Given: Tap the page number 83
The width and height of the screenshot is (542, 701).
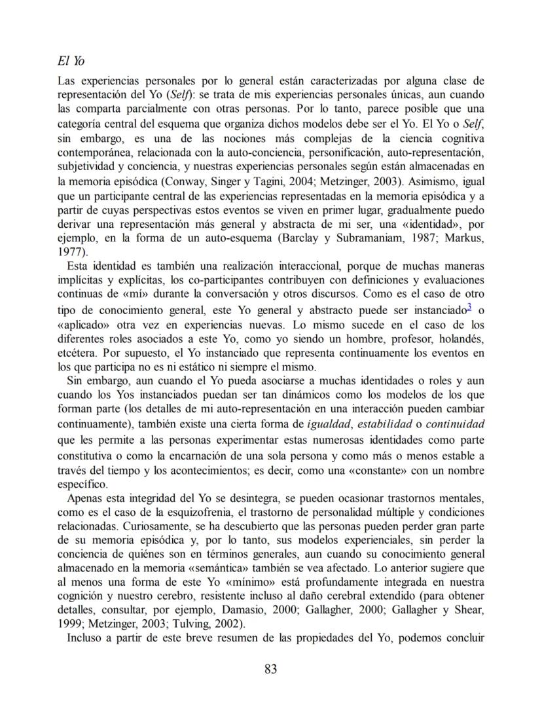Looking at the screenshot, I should tap(271, 669).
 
